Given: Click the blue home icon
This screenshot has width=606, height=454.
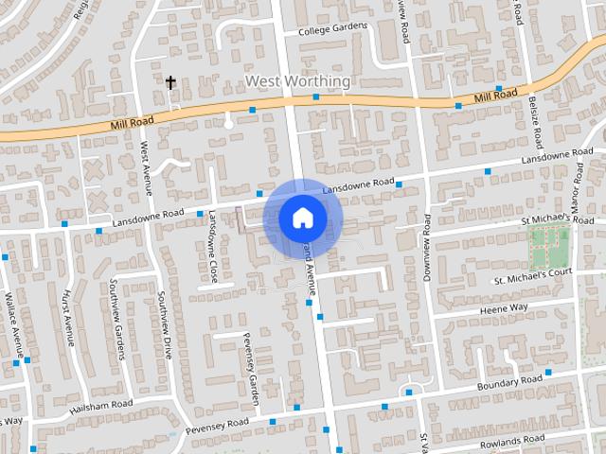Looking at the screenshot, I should coord(302,218).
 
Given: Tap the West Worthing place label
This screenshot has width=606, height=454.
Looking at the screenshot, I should coord(297,81).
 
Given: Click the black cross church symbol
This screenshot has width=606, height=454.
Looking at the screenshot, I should coord(171,83).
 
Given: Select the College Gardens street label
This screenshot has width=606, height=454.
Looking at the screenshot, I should coord(331,30).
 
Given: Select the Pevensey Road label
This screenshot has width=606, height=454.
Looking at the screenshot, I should coord(217,426).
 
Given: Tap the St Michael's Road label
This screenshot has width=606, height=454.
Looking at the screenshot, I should coord(558,220).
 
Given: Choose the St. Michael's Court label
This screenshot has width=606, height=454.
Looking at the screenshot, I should coord(533,276).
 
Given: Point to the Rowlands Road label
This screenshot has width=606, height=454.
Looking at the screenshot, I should coord(512,442).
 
